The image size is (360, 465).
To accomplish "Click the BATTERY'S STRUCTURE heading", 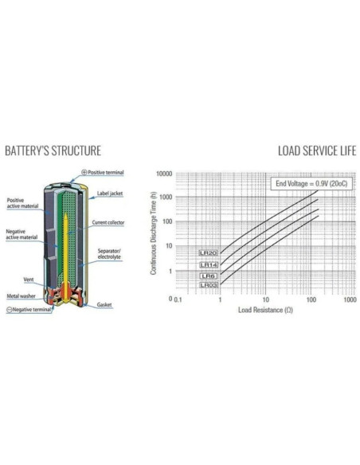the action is click(53, 150).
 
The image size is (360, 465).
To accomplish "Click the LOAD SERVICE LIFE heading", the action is click(317, 150).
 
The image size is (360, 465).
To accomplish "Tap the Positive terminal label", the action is click(103, 172).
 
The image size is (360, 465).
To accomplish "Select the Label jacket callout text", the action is click(110, 193).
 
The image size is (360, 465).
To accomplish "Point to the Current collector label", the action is click(108, 222).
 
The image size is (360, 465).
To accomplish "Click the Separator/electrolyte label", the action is click(109, 254).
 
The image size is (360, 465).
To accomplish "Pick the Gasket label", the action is click(104, 305).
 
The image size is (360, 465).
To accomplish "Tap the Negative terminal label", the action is click(29, 310).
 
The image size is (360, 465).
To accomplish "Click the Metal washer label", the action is click(21, 296).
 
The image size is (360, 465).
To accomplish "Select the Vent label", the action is click(29, 279).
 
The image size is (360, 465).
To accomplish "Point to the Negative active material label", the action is click(22, 234).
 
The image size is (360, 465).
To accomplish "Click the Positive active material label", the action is click(22, 203).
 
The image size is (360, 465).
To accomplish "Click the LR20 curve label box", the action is click(208, 253).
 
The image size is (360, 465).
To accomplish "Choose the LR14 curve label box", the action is click(209, 265).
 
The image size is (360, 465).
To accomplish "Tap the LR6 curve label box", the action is click(209, 276).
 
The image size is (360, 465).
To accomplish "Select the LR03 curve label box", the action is click(209, 285).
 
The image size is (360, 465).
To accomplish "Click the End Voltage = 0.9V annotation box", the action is click(311, 184).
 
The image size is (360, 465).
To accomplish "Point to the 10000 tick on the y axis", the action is click(164, 174).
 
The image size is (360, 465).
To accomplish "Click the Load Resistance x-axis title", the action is click(265, 310).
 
